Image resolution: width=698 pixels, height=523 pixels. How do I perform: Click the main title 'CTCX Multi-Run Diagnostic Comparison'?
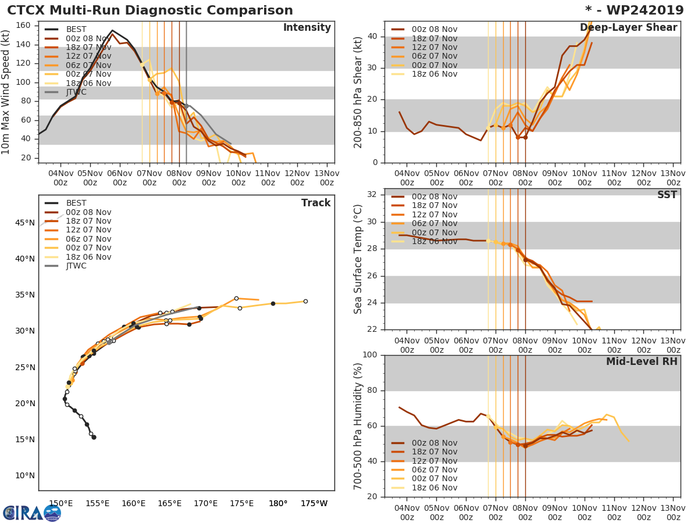pos(150,10)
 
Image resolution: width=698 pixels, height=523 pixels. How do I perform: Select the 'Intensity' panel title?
pos(307,28)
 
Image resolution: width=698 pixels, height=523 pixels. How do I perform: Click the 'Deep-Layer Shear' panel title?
pos(628,28)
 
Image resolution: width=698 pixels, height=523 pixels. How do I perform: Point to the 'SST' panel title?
pos(667,195)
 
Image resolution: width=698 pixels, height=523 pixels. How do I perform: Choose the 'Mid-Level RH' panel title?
pos(642,361)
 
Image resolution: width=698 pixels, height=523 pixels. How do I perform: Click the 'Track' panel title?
pos(316,203)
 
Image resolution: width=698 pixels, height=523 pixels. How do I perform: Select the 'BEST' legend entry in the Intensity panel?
pos(76,30)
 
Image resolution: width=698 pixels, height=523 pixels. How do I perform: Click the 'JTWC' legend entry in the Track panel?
pos(76,266)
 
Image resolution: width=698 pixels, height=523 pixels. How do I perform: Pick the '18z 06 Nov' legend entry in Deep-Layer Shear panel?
pos(434,74)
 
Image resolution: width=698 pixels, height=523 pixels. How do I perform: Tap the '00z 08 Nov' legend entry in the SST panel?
pos(434,197)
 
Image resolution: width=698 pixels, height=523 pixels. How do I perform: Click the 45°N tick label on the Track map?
pos(24,223)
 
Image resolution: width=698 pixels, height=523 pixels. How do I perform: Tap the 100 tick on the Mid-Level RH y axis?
pos(370,354)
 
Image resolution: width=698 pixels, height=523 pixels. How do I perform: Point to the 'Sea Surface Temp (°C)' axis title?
pos(358,259)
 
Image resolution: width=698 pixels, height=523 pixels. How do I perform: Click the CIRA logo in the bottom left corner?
pos(32,513)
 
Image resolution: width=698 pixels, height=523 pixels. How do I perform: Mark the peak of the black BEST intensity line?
pos(112,30)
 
